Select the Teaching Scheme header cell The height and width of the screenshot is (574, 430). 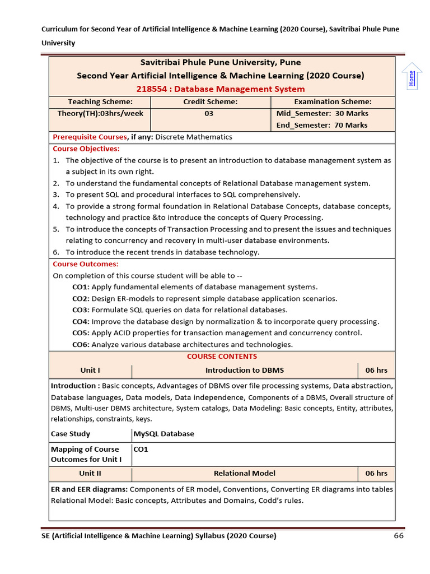(100, 101)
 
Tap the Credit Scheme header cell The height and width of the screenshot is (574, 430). (211, 101)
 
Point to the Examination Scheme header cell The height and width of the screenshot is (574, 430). (333, 101)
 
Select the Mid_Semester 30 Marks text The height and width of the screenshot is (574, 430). (322, 113)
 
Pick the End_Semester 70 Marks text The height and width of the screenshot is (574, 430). (322, 125)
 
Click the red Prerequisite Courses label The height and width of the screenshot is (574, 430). (90, 137)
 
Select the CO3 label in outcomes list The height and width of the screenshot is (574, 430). (81, 310)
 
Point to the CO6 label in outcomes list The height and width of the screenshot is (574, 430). (81, 345)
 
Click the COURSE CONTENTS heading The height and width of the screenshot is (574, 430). (222, 357)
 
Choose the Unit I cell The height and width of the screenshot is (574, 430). (90, 371)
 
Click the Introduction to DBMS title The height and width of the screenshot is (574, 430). (245, 371)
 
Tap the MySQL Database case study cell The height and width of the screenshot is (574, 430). (164, 434)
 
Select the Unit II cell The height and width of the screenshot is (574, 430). (90, 474)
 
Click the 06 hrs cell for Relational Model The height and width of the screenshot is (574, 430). (376, 474)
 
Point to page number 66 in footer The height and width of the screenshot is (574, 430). (399, 536)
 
